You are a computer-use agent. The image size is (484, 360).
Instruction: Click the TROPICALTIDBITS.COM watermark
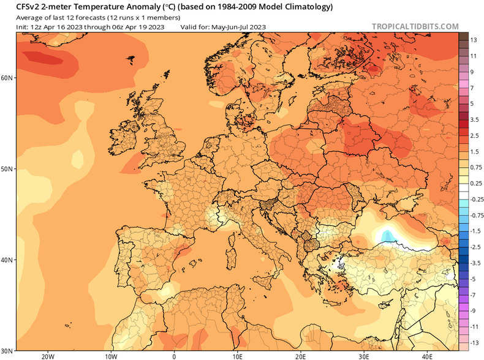pyautogui.click(x=415, y=26)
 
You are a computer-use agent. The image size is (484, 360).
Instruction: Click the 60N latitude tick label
pyautogui.click(x=7, y=78)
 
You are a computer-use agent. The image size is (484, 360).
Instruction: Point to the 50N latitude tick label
pyautogui.click(x=7, y=169)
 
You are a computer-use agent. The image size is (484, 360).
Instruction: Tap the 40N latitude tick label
pyautogui.click(x=7, y=260)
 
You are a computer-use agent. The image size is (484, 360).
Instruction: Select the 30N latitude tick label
pyautogui.click(x=7, y=350)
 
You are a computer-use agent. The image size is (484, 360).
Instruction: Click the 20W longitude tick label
pyautogui.click(x=47, y=356)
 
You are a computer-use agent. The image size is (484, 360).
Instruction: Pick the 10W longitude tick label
pyautogui.click(x=111, y=356)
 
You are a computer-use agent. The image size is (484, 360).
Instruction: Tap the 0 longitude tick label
pyautogui.click(x=174, y=356)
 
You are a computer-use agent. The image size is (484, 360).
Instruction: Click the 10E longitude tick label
pyautogui.click(x=237, y=356)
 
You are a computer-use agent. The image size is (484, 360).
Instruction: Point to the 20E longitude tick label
pyautogui.click(x=300, y=356)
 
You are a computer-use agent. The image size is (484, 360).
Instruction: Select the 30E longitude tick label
pyautogui.click(x=364, y=356)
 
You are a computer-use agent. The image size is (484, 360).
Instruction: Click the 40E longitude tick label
pyautogui.click(x=427, y=356)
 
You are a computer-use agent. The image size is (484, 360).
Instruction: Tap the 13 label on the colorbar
pyautogui.click(x=474, y=40)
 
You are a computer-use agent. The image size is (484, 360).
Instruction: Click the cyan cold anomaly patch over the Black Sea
pyautogui.click(x=387, y=236)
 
